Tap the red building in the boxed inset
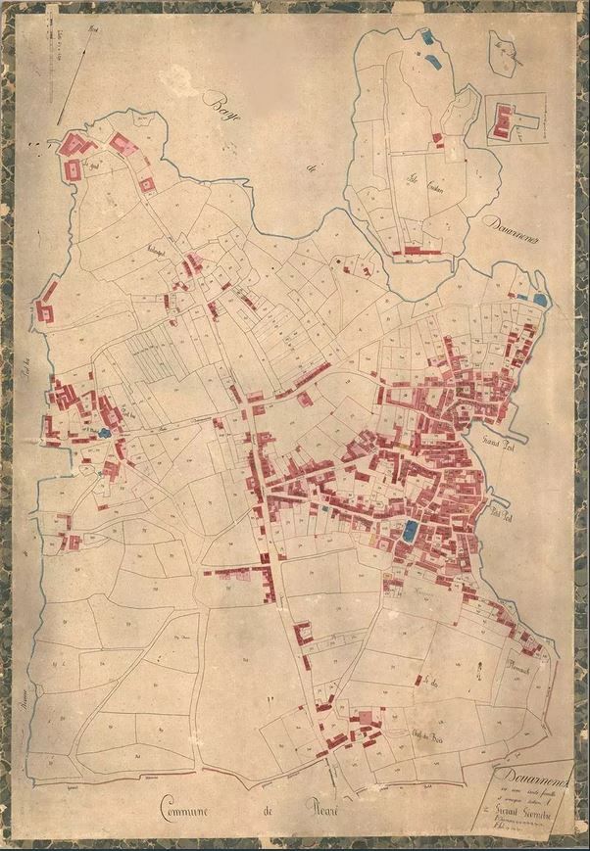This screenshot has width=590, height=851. (x=506, y=121)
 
